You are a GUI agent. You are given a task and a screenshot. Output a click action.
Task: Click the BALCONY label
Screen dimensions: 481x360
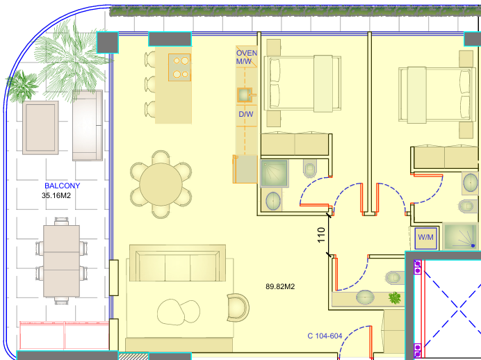[63, 186]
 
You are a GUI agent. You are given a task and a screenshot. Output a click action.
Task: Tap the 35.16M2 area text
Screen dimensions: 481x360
[56, 195]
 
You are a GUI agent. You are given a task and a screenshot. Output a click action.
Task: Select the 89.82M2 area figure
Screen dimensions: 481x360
[280, 286]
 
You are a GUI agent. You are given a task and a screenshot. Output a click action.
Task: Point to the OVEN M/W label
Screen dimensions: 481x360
[246, 57]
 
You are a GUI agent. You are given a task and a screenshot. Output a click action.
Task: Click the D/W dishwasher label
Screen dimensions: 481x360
[246, 114]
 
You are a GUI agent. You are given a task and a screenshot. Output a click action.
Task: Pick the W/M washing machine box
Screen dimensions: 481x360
[426, 238]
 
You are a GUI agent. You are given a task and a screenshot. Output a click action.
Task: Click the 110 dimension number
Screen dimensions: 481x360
[321, 235]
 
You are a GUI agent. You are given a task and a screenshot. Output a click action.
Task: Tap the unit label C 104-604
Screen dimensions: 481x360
[325, 336]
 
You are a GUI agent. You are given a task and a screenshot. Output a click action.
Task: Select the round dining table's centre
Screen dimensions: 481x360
[161, 184]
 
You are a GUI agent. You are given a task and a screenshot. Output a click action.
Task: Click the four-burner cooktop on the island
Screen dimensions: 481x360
[179, 67]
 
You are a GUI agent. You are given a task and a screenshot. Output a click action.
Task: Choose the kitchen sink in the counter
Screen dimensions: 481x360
[245, 95]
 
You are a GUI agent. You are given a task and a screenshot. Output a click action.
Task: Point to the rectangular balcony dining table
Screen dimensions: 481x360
[61, 261]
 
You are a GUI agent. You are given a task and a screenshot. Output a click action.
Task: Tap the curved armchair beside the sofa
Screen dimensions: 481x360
[238, 308]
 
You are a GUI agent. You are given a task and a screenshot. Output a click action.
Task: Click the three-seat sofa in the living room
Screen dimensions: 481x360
[178, 263]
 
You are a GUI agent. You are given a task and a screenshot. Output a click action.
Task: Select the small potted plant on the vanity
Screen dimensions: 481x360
[395, 297]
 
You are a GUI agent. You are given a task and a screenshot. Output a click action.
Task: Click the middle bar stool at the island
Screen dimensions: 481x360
[150, 83]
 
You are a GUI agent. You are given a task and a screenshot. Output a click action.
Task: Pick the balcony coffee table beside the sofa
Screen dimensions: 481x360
[40, 128]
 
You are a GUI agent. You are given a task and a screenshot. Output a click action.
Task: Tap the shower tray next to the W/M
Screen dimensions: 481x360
[461, 236]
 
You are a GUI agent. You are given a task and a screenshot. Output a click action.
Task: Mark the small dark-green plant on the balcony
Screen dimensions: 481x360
[22, 86]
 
